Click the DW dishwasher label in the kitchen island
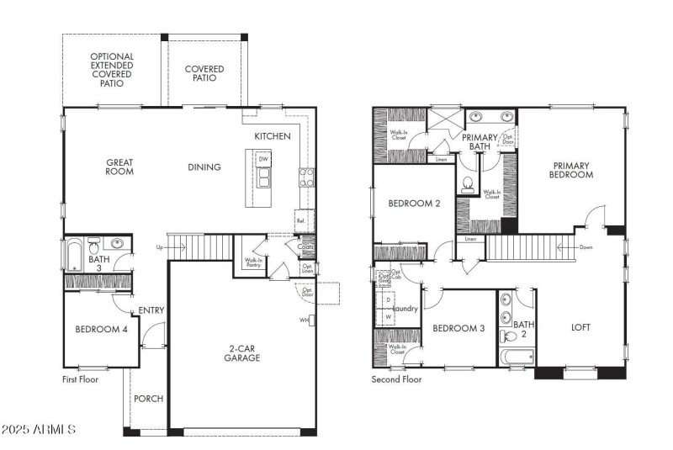pyautogui.click(x=263, y=159)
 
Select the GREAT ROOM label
pyautogui.click(x=120, y=167)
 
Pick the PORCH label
pyautogui.click(x=148, y=398)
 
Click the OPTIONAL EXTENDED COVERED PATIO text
pyautogui.click(x=112, y=70)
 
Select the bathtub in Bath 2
pyautogui.click(x=517, y=357)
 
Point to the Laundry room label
pyautogui.click(x=405, y=309)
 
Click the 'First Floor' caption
pyautogui.click(x=80, y=379)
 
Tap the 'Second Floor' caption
pyautogui.click(x=397, y=379)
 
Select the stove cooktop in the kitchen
pyautogui.click(x=307, y=177)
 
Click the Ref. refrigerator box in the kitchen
pyautogui.click(x=300, y=220)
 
